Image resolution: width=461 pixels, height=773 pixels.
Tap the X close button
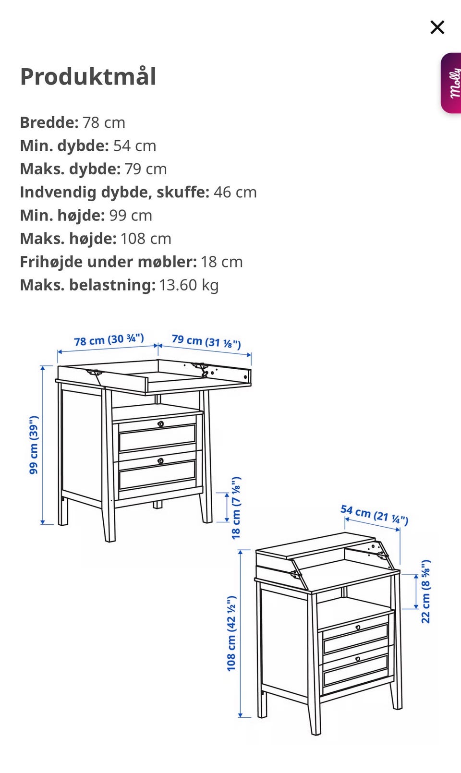click(437, 27)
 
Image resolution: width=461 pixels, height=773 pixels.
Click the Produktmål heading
click(88, 77)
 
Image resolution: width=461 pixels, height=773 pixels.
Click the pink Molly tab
click(452, 84)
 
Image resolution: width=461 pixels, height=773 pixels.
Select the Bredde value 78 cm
click(104, 123)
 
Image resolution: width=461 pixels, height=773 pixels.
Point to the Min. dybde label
click(64, 146)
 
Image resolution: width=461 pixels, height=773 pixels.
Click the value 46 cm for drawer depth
click(235, 193)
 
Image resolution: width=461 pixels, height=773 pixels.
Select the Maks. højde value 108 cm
click(146, 239)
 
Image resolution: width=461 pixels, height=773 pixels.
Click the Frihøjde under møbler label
click(108, 262)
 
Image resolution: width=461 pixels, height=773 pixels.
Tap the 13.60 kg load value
click(189, 285)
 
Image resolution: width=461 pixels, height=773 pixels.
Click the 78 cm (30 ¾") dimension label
click(109, 340)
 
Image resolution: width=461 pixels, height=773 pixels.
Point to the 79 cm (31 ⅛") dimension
click(206, 341)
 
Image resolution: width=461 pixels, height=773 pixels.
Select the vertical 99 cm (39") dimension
click(34, 445)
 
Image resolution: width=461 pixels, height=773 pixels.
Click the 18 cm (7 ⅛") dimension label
click(236, 507)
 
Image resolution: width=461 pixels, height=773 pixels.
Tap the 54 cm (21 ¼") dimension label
click(375, 515)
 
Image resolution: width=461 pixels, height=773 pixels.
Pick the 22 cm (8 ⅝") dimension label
click(426, 591)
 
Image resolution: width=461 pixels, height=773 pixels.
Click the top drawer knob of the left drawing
click(160, 424)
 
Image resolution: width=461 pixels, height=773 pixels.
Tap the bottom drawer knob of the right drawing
click(358, 659)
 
